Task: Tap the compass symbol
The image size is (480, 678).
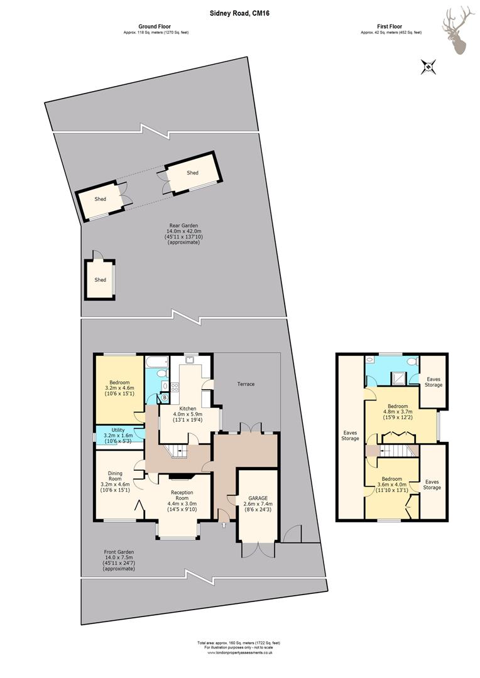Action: click(x=428, y=67)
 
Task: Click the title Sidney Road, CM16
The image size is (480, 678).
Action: click(x=240, y=13)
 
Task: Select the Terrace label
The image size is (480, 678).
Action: click(x=246, y=384)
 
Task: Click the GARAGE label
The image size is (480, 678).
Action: click(x=258, y=498)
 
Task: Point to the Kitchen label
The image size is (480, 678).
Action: click(x=188, y=409)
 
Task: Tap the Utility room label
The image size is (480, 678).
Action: click(x=118, y=430)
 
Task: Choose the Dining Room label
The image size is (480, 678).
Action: click(x=115, y=476)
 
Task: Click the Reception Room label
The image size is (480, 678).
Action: click(x=182, y=495)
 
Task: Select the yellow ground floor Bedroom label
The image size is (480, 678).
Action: click(x=119, y=383)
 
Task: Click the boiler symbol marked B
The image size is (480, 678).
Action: click(x=165, y=397)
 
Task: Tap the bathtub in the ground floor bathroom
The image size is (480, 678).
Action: click(x=157, y=362)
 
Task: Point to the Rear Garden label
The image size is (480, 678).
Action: click(x=183, y=225)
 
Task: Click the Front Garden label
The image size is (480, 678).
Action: click(x=119, y=552)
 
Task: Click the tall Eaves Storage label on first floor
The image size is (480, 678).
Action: click(x=350, y=436)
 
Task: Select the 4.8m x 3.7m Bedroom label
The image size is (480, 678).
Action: click(x=397, y=406)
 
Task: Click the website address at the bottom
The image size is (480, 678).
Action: click(x=240, y=665)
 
